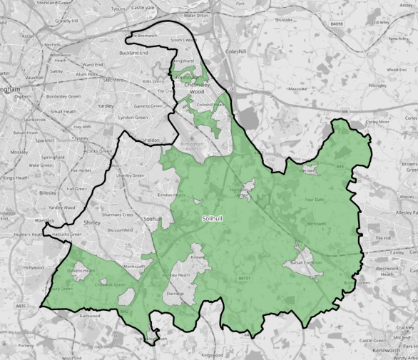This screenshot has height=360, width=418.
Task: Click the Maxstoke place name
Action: [x=296, y=89]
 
